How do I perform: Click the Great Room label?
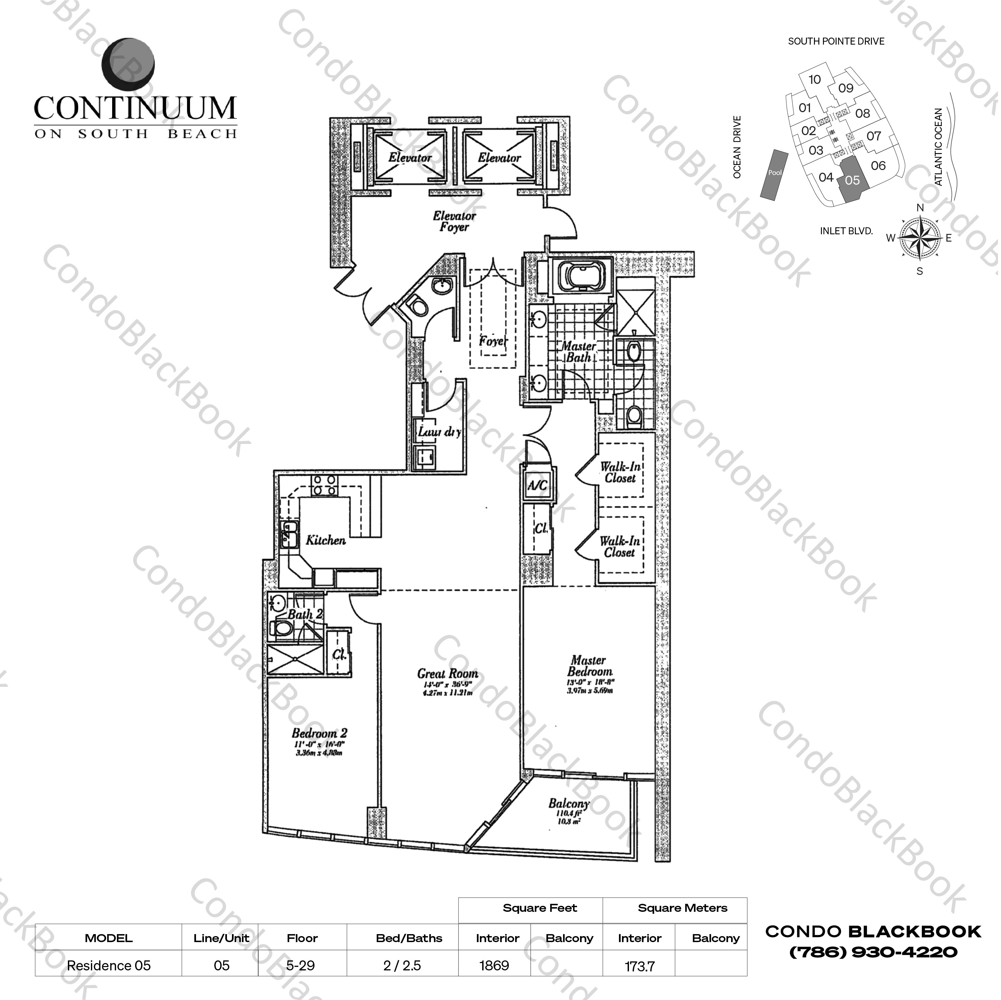tap(448, 674)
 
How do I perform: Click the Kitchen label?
tap(325, 540)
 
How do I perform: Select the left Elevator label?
tap(410, 157)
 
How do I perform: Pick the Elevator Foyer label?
tap(454, 221)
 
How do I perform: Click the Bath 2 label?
tap(305, 615)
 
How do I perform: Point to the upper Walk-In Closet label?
tap(620, 472)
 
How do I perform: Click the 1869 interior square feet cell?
tap(494, 965)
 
